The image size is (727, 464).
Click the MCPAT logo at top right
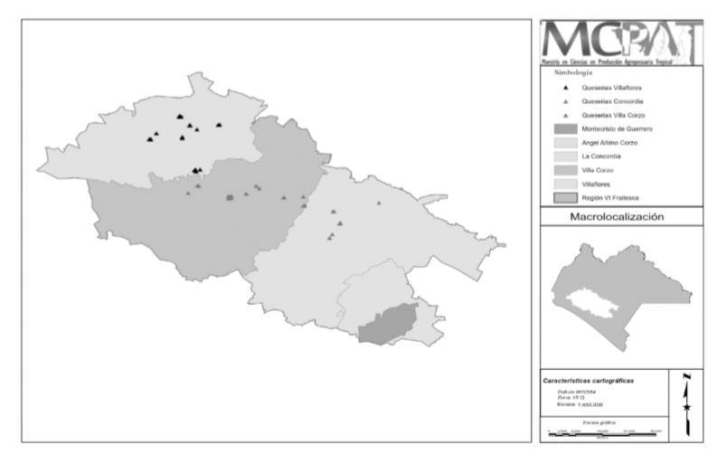tap(620, 42)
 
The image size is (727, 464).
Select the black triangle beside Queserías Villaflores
tap(565, 88)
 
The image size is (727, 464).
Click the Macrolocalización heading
tap(618, 217)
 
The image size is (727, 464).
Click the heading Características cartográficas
tap(588, 380)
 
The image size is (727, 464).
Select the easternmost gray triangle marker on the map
tap(379, 204)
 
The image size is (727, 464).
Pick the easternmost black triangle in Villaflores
tap(219, 125)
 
